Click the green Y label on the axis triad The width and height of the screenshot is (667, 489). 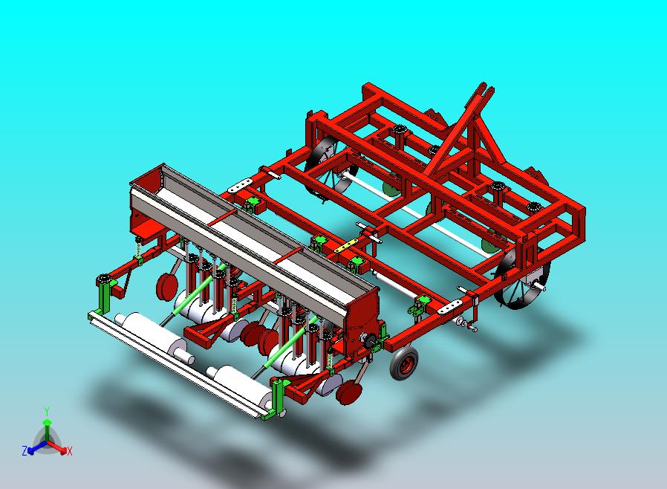pyautogui.click(x=47, y=411)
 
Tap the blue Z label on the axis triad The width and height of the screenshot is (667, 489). pyautogui.click(x=25, y=450)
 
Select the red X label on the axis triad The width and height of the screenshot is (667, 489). pyautogui.click(x=70, y=451)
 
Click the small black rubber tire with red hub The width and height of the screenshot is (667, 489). pyautogui.click(x=404, y=363)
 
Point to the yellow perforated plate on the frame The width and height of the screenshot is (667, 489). pyautogui.click(x=345, y=246)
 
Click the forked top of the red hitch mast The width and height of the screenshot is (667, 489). pyautogui.click(x=484, y=90)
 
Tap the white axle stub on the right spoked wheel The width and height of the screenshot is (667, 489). pyautogui.click(x=539, y=287)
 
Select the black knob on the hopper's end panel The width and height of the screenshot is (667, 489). pyautogui.click(x=369, y=340)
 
